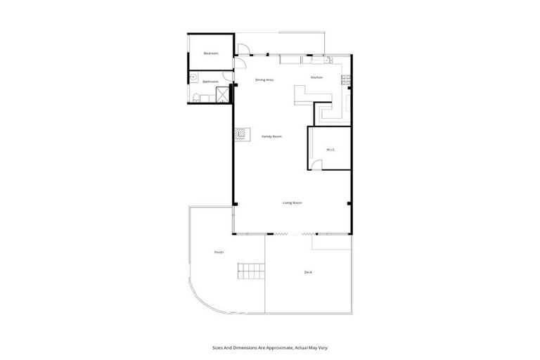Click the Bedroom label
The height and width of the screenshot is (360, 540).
click(211, 53)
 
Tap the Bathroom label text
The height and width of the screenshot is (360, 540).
click(211, 82)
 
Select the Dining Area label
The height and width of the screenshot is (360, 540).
click(264, 80)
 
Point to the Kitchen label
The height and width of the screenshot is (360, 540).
click(316, 77)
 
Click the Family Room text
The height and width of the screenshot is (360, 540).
click(271, 136)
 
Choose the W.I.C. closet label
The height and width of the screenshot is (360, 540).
click(329, 150)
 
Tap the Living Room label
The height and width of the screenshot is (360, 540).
click(292, 202)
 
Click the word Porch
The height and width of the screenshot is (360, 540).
click(219, 252)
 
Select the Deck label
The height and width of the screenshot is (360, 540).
click(308, 272)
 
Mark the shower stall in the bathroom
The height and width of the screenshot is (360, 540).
click(223, 95)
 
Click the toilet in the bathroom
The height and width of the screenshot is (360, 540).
click(196, 97)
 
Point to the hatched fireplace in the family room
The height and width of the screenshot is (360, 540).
click(240, 133)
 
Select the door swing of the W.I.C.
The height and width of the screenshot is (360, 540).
click(318, 165)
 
